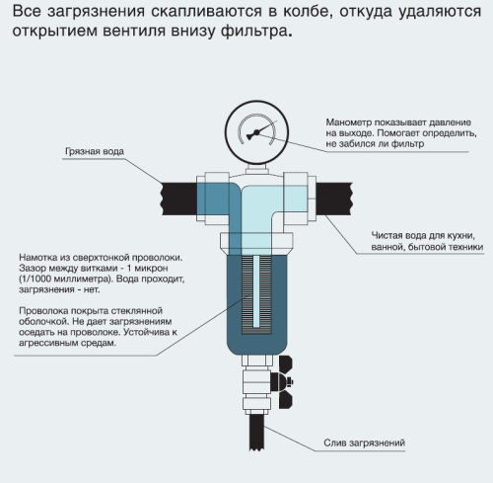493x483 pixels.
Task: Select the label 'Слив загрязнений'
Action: pos(364,442)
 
